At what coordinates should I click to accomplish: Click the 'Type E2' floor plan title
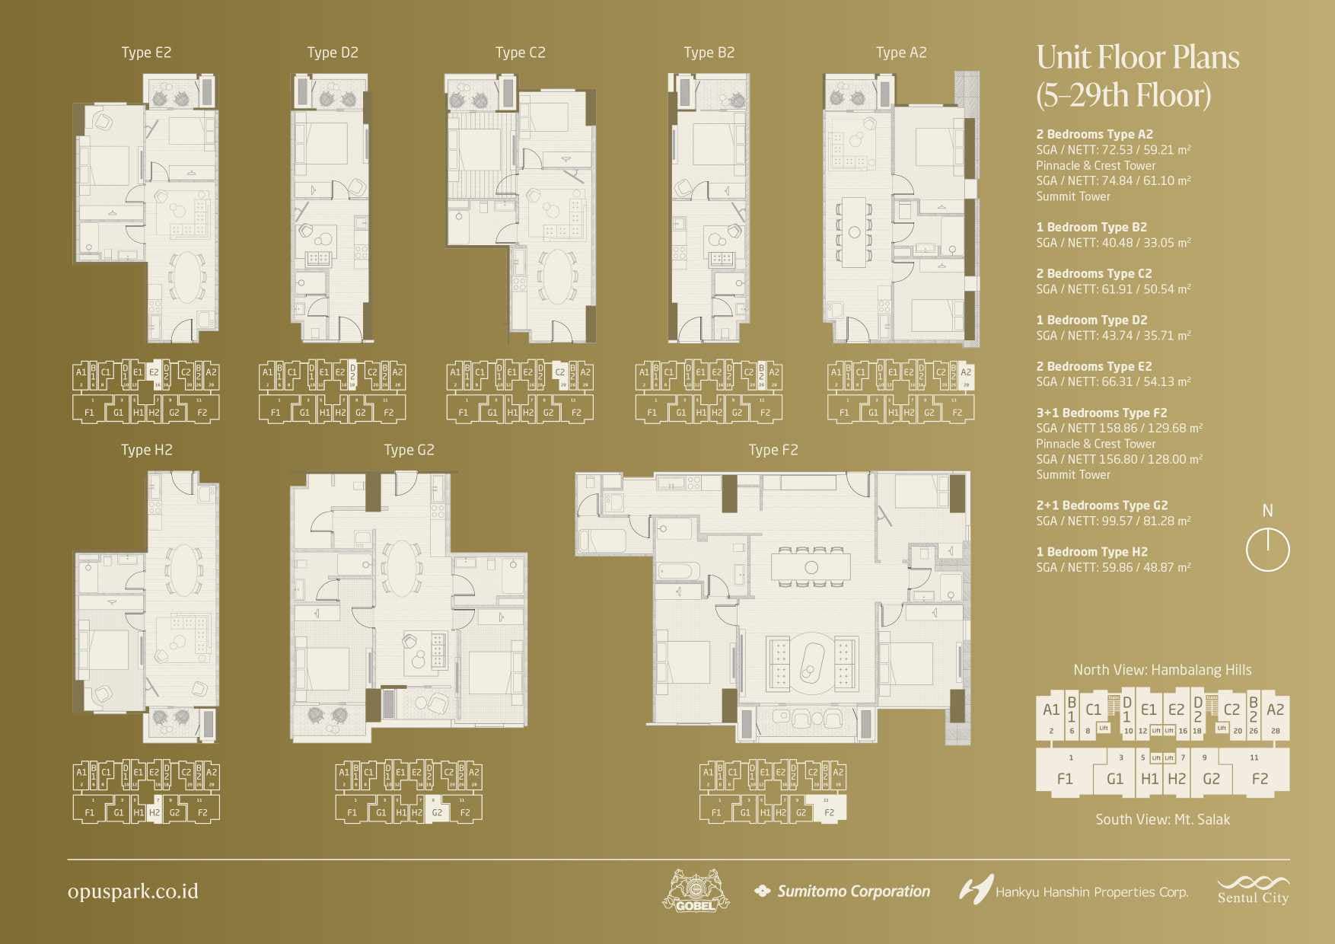[146, 53]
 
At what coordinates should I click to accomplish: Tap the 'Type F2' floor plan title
[773, 450]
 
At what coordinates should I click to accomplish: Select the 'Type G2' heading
[409, 450]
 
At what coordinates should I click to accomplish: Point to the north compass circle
[1267, 550]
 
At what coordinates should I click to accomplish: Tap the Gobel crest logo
[696, 891]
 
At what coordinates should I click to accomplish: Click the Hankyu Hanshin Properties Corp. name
[1091, 892]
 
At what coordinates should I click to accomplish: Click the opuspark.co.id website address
[133, 891]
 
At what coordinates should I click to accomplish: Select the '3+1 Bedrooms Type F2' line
[1101, 413]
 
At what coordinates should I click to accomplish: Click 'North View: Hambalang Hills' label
[1162, 670]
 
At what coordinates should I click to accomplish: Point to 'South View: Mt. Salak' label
[1162, 819]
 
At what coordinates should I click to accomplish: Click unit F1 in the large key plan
[1065, 778]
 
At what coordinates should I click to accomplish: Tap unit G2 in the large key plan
[1211, 778]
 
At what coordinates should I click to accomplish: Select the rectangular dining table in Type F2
[811, 567]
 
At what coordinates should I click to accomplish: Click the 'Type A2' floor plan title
[901, 53]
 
